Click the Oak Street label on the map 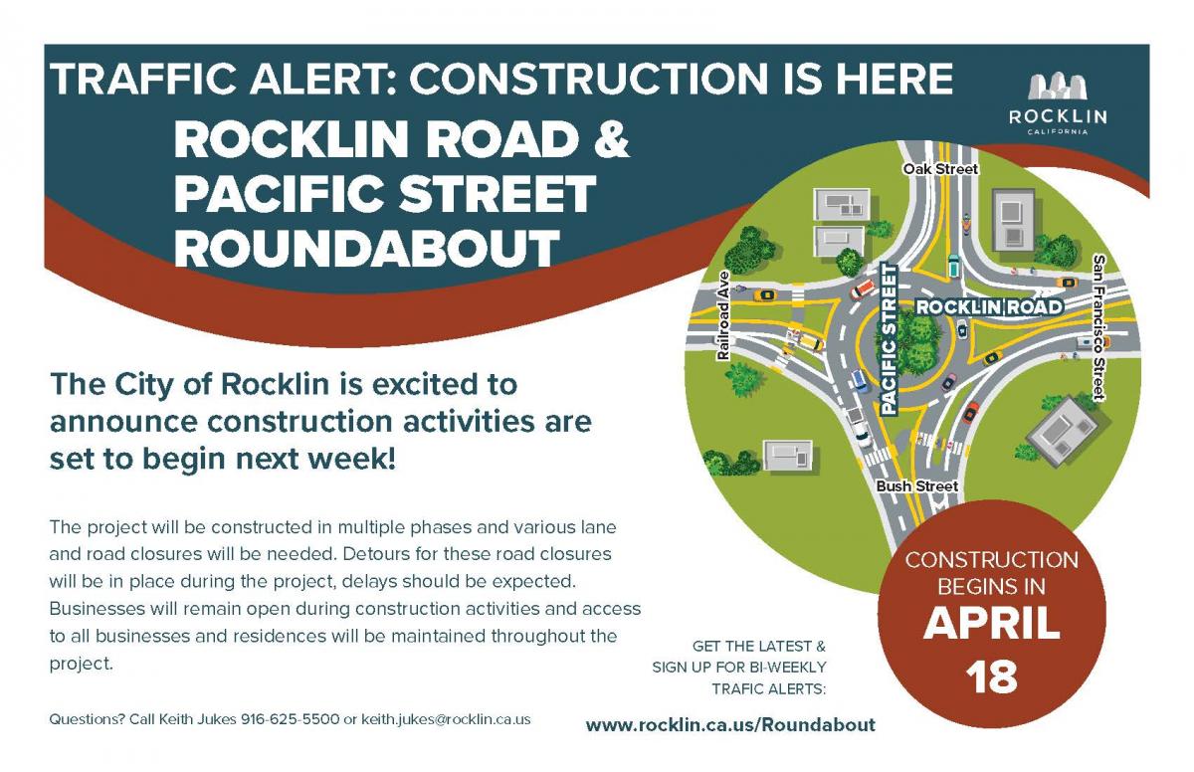940,169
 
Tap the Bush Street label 916,485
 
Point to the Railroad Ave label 722,316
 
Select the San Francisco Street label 1098,327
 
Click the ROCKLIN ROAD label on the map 989,306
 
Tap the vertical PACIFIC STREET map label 889,339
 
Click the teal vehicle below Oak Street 953,266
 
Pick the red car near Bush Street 970,413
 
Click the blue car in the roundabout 859,380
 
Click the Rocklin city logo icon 1058,87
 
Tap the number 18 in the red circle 991,677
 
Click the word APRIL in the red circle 991,623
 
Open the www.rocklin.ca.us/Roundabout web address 730,725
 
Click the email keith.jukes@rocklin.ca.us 446,720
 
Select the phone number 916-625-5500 290,719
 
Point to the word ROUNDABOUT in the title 367,248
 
